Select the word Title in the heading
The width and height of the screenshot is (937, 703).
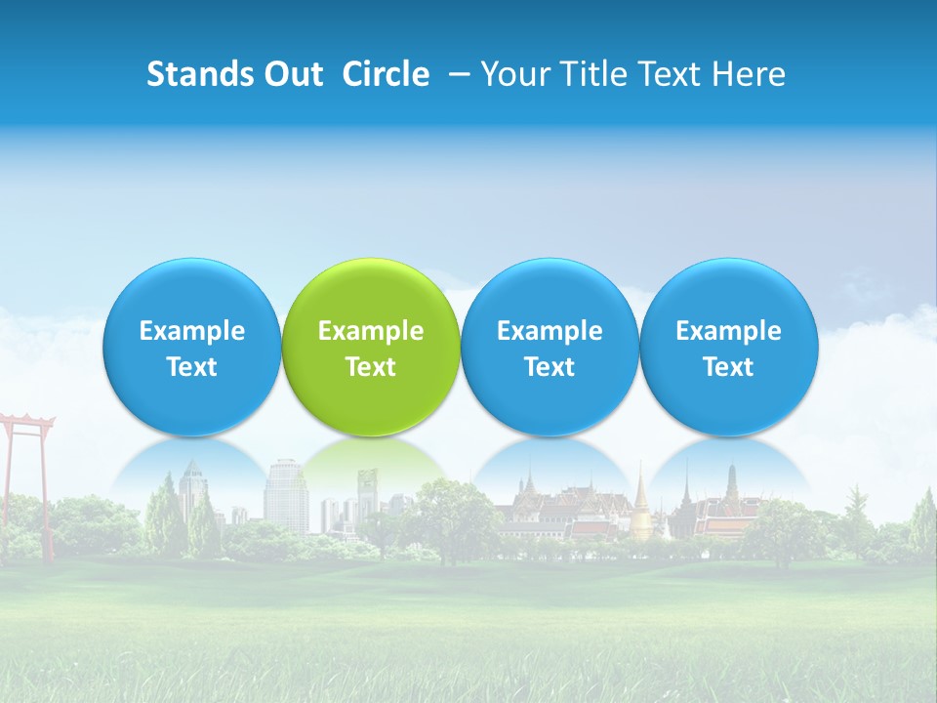coord(587,74)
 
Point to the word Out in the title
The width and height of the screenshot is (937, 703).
coord(292,74)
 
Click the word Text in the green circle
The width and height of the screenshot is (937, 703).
coord(371,367)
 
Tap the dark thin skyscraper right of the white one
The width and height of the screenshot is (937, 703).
coord(367,493)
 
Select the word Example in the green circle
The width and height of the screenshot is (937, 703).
coord(371,331)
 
